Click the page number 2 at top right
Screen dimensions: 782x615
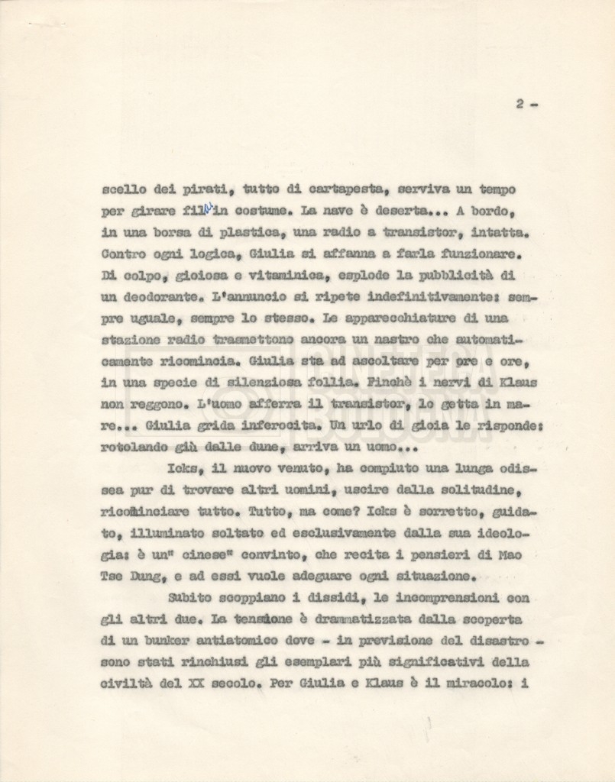pyautogui.click(x=519, y=105)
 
